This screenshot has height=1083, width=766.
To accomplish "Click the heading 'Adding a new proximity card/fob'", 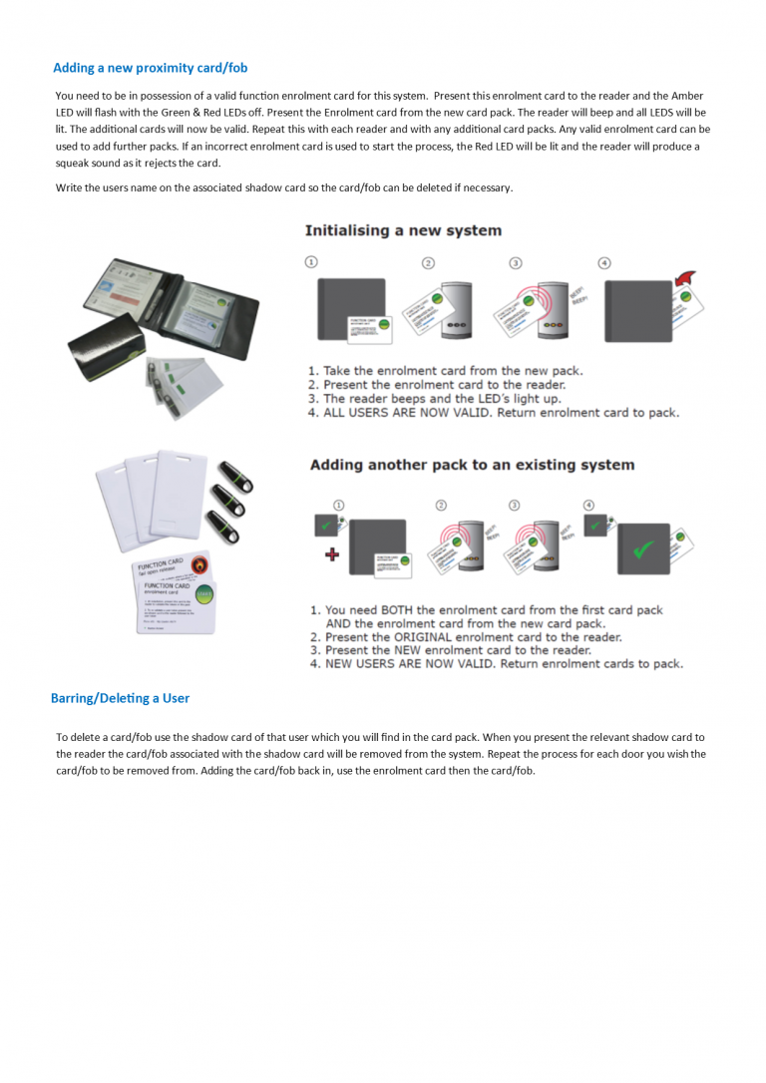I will tap(150, 68).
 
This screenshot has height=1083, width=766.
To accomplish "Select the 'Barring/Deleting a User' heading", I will tap(120, 698).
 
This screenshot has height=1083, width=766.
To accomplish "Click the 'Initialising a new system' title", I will tap(403, 230).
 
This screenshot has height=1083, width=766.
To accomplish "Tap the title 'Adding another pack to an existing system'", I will tap(472, 465).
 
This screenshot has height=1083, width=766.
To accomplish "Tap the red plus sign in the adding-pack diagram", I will tap(333, 553).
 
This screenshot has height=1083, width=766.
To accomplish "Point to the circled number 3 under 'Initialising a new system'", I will tap(515, 262).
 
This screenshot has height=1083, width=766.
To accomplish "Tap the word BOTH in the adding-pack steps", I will tap(391, 610).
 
